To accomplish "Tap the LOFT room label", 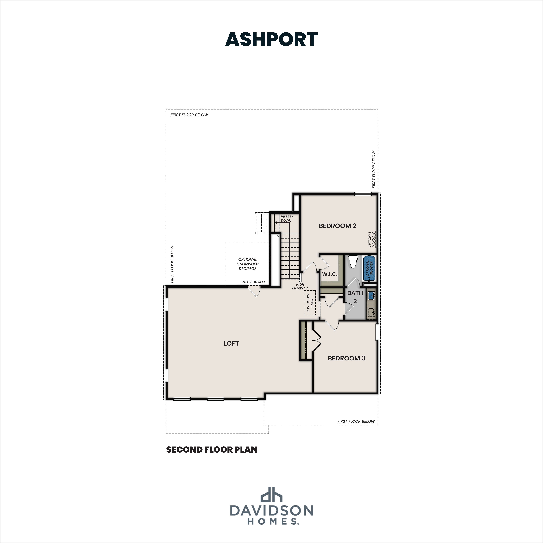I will [x=231, y=343].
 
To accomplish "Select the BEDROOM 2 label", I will [x=337, y=226].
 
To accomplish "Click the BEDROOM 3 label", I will [x=346, y=358].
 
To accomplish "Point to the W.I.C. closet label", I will [x=329, y=274].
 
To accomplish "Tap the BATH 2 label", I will [x=355, y=297].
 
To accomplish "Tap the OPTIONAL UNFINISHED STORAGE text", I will [x=247, y=264].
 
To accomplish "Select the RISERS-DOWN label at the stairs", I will [x=286, y=218].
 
